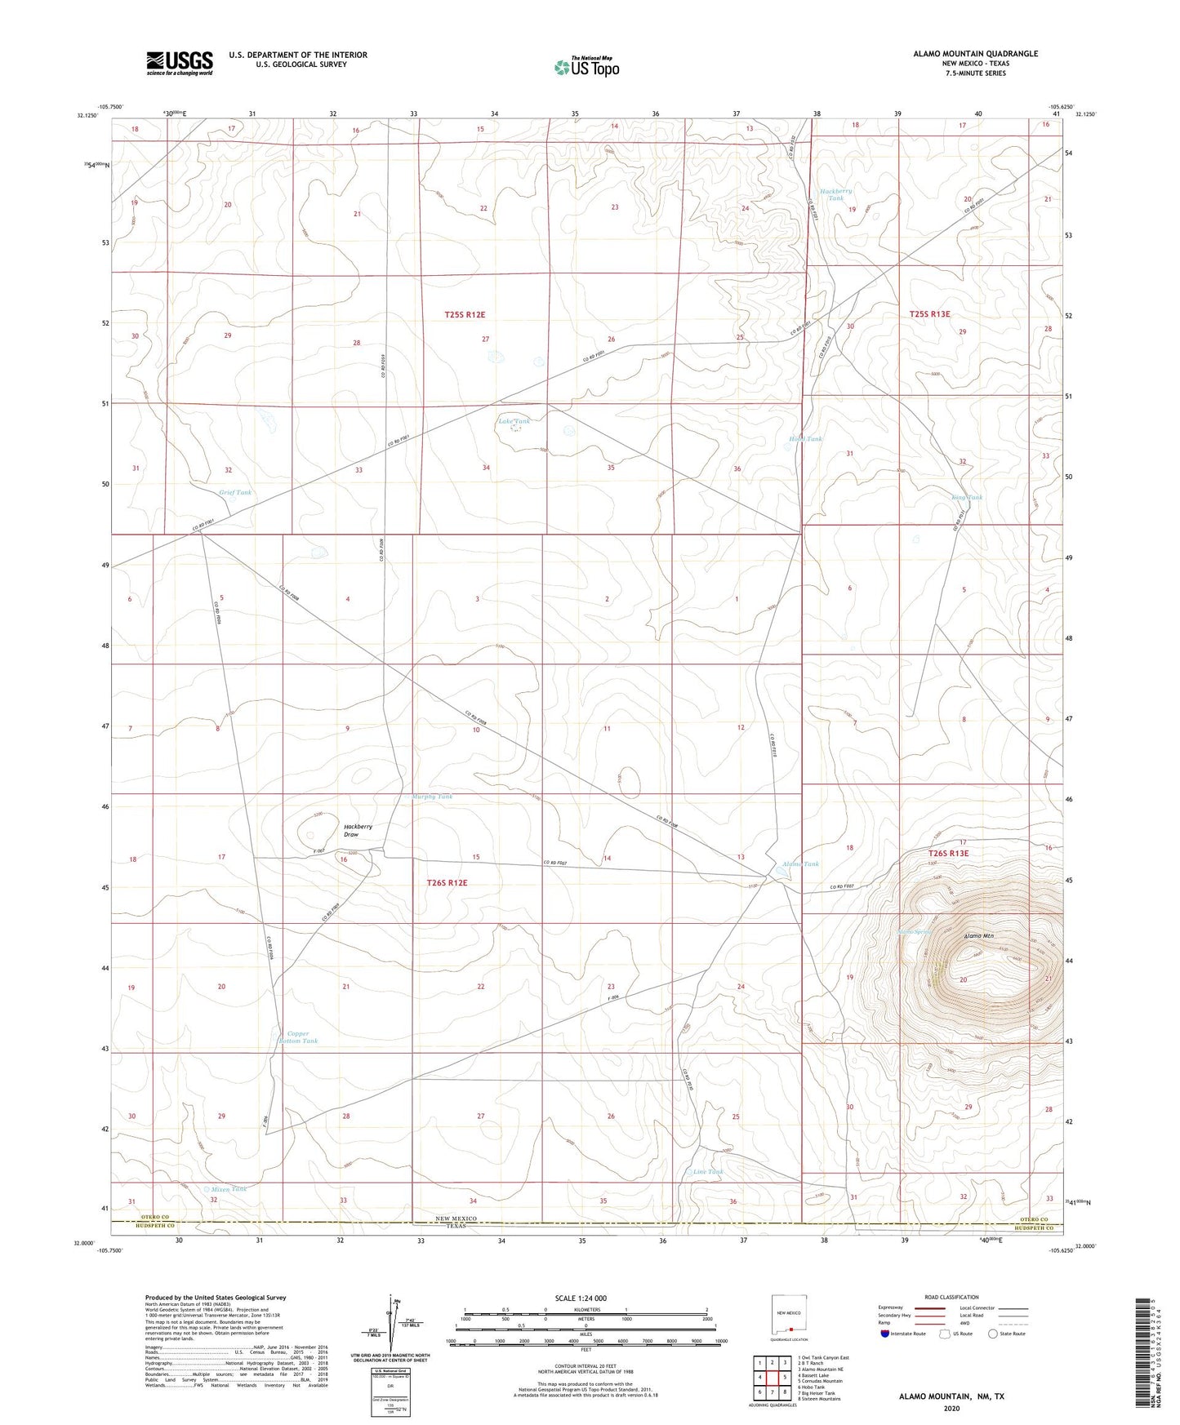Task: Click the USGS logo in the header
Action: pyautogui.click(x=180, y=63)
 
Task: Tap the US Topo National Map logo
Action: pyautogui.click(x=586, y=66)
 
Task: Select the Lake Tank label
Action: pyautogui.click(x=514, y=421)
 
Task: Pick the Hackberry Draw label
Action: pyautogui.click(x=358, y=830)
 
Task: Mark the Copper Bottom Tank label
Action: pyautogui.click(x=297, y=1037)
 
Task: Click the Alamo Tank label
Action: pyautogui.click(x=800, y=863)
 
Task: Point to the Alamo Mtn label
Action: pyautogui.click(x=978, y=936)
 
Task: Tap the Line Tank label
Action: pyautogui.click(x=707, y=1171)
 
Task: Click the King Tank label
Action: pyautogui.click(x=967, y=497)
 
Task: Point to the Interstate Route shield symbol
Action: pyautogui.click(x=886, y=1334)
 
